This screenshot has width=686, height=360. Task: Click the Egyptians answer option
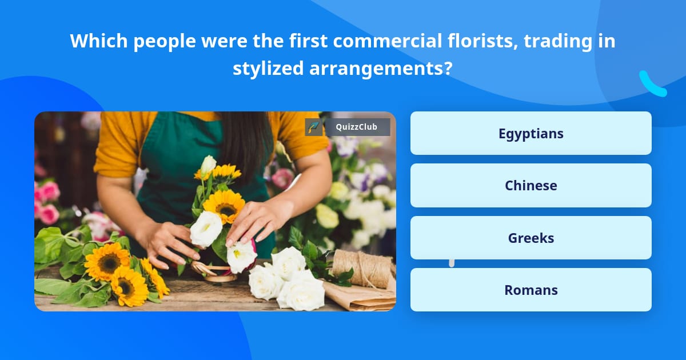(531, 133)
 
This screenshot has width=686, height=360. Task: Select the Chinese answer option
(531, 185)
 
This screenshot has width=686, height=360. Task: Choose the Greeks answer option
(531, 238)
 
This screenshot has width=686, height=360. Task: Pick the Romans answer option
(531, 290)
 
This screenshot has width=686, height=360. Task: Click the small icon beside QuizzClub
(313, 127)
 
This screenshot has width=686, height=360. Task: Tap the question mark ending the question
(448, 69)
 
